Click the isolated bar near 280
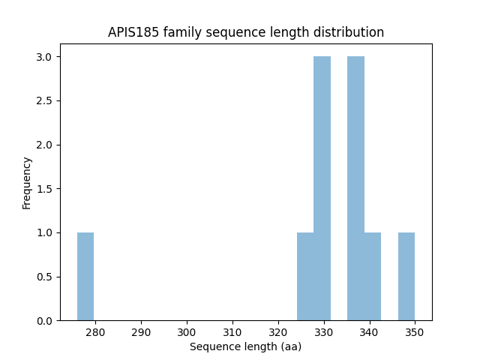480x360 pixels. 85,276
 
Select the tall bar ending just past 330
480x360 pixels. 322,188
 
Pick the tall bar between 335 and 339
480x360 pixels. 355,188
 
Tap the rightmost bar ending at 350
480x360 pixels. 406,276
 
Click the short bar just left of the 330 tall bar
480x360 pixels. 305,276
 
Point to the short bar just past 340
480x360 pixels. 373,276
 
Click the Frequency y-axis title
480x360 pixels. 27,182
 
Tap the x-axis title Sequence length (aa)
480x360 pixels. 245,346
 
